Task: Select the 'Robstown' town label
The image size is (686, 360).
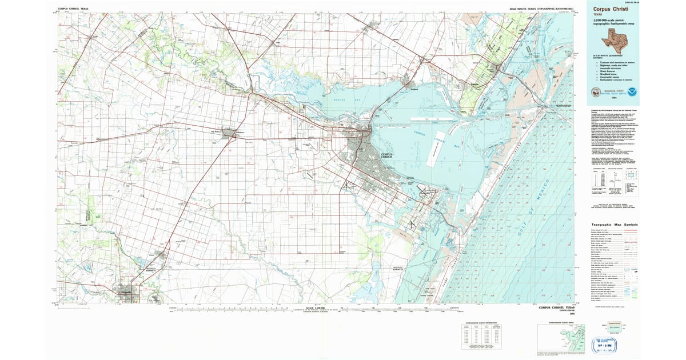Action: pyautogui.click(x=240, y=133)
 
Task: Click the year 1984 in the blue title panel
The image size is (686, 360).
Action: pyautogui.click(x=614, y=98)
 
